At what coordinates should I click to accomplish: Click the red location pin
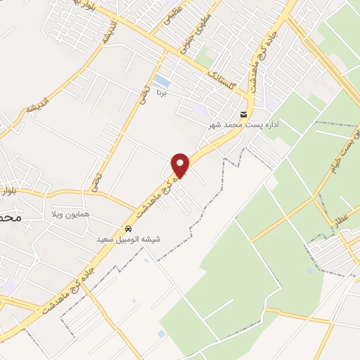(181, 165)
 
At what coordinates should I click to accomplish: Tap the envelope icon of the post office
(243, 115)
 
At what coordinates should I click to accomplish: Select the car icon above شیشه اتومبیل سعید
(129, 229)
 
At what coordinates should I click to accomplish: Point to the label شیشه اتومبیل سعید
(129, 239)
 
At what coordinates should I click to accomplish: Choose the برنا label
(163, 92)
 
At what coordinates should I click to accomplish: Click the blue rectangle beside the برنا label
(161, 81)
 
